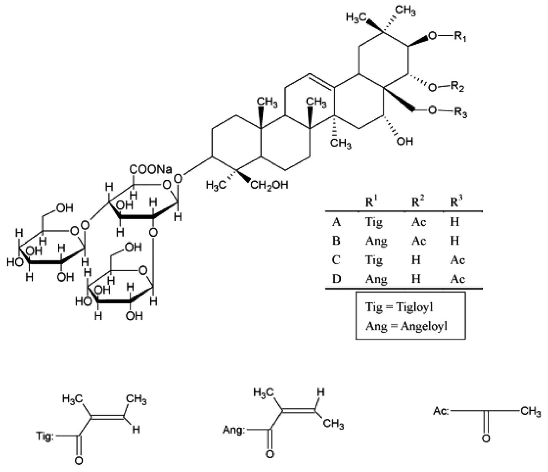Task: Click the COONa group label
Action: (151, 170)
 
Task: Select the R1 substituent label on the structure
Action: (460, 36)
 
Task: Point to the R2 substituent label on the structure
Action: (457, 87)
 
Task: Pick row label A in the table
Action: (336, 222)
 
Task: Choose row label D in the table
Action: (336, 279)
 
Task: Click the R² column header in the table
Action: (418, 202)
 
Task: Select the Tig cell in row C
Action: (374, 260)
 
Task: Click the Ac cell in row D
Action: (457, 279)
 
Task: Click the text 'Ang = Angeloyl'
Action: (406, 326)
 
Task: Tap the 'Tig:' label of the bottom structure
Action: (45, 436)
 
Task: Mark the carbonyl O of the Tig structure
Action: (79, 460)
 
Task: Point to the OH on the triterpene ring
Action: (405, 141)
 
